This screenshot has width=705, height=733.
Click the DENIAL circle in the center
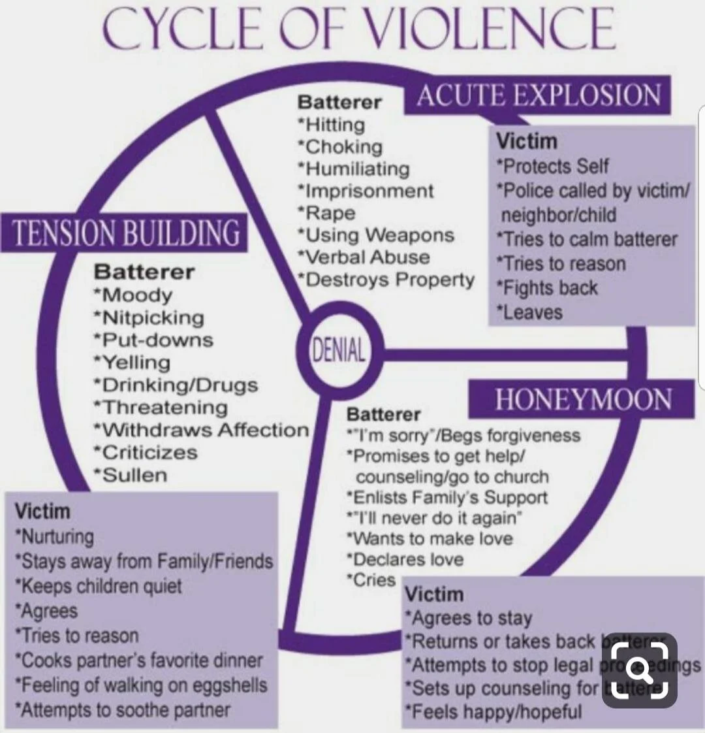point(337,351)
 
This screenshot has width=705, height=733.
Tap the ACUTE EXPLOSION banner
point(538,96)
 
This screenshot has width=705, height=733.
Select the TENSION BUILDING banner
point(127,233)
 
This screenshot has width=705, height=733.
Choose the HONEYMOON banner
point(582,399)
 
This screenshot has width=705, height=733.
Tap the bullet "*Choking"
point(340,146)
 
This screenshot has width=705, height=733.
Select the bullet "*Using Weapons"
point(375,235)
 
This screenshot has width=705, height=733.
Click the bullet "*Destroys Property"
point(386,280)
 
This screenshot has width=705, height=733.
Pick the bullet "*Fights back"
point(547,287)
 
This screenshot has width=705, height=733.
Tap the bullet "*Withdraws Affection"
point(200,430)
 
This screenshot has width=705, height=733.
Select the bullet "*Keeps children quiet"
point(99,585)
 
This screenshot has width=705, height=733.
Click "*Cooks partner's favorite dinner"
point(138,660)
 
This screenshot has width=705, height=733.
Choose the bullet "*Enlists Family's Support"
point(446,497)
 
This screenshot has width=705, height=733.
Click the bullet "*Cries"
point(371,579)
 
